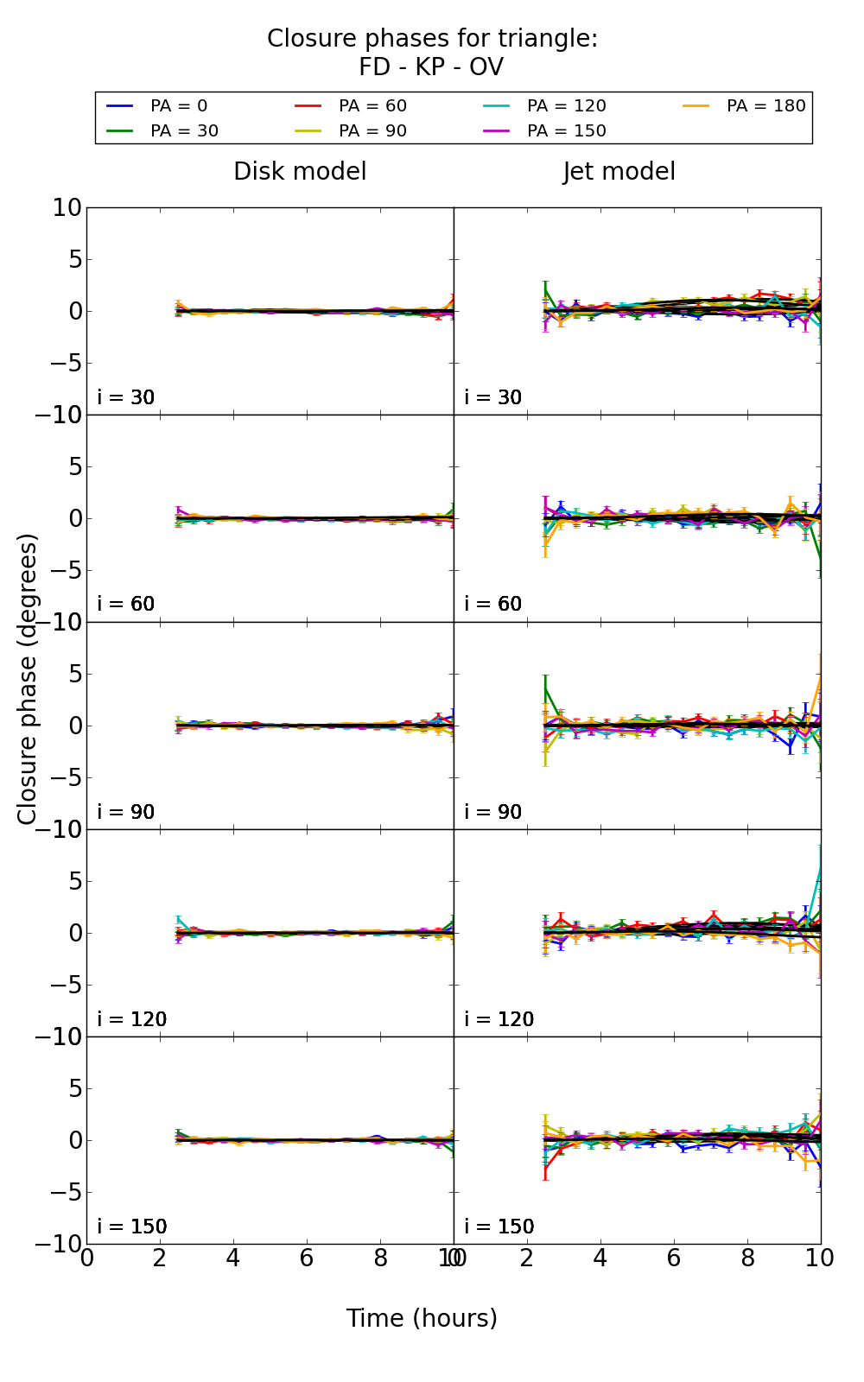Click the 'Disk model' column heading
point(300,172)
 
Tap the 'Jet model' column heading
point(619,172)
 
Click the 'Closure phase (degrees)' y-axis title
point(28,679)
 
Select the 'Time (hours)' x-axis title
point(422,1319)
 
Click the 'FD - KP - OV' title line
point(431,67)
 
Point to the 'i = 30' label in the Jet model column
point(492,397)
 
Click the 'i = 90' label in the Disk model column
point(126,812)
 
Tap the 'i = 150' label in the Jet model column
point(499,1227)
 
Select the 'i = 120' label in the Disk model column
point(131,1019)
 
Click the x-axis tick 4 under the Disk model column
point(233,1258)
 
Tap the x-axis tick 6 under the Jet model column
point(673,1258)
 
